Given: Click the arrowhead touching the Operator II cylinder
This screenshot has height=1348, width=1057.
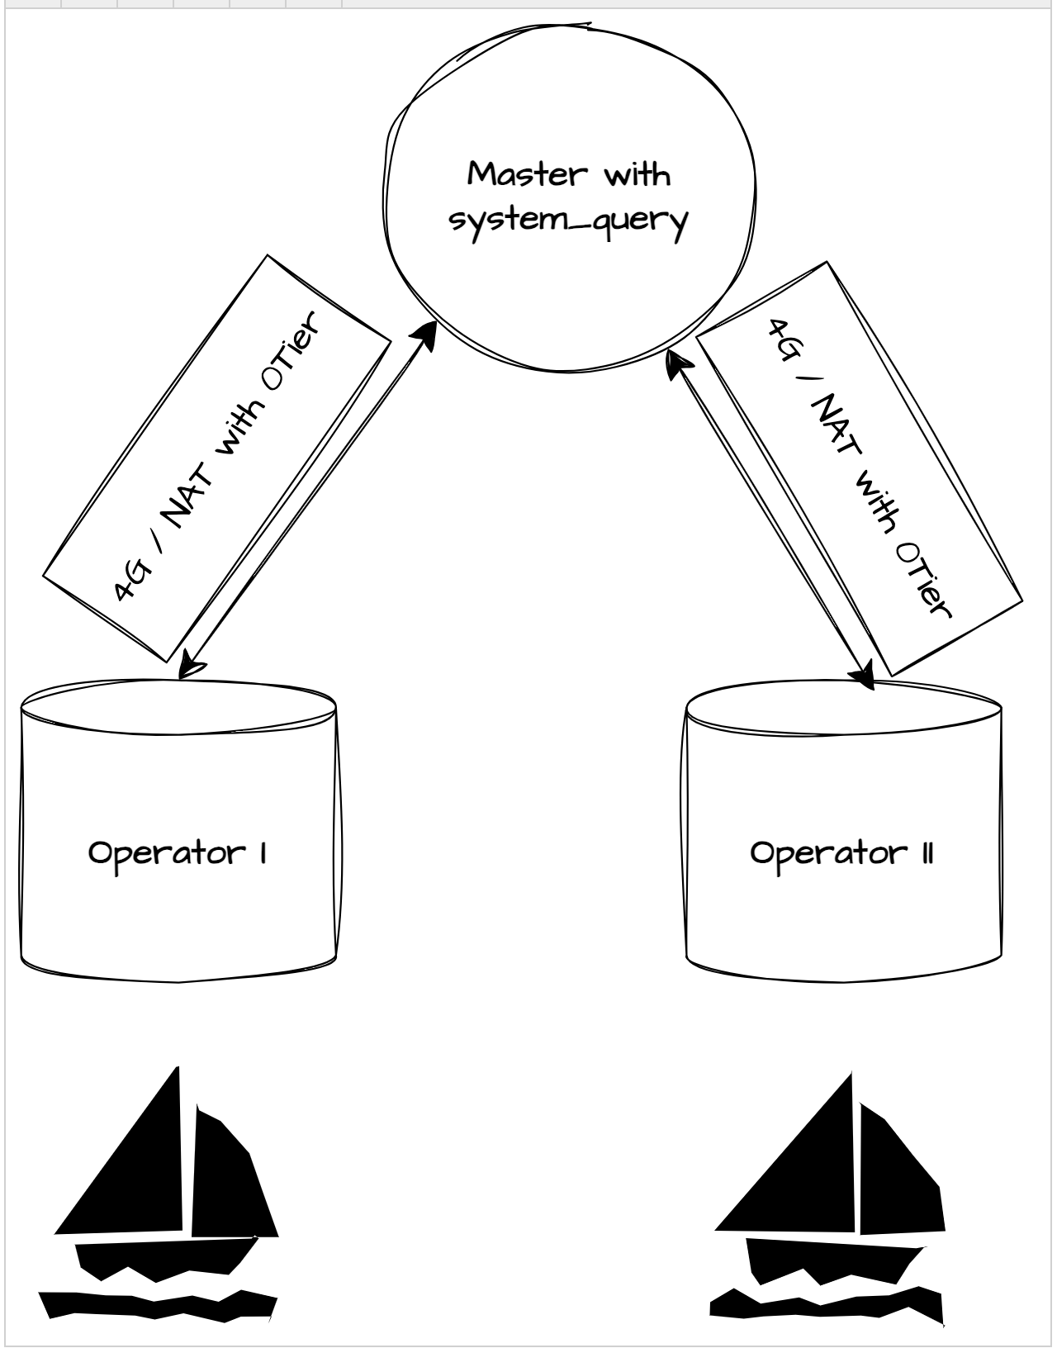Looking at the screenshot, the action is point(864,675).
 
